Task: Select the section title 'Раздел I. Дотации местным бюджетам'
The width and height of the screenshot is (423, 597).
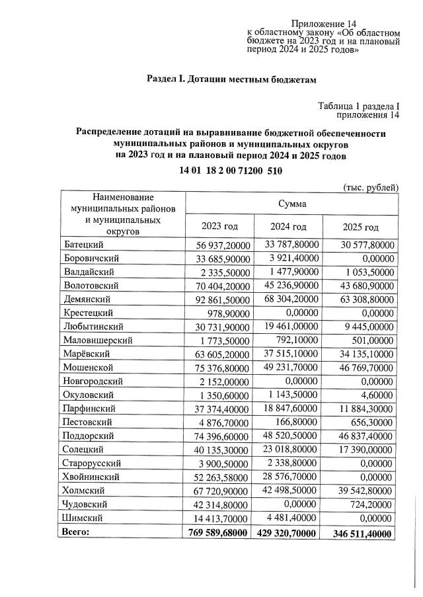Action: [x=231, y=80]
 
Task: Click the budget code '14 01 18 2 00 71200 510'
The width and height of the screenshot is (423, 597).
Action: [x=231, y=171]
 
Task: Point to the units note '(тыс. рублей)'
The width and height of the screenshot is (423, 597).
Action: [x=371, y=187]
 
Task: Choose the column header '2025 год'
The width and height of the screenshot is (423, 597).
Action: [x=361, y=227]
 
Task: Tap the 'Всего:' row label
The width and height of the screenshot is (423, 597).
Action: [x=76, y=532]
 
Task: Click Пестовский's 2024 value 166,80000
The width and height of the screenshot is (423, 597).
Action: [x=301, y=421]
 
